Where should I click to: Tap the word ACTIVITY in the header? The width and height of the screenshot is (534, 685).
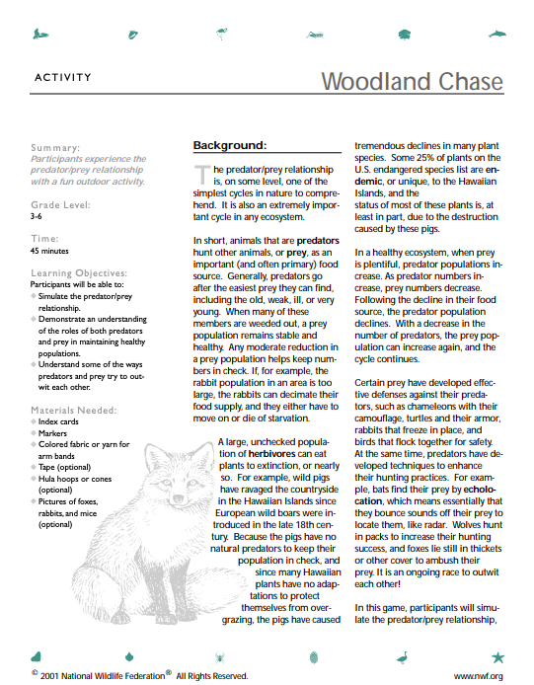click(x=63, y=77)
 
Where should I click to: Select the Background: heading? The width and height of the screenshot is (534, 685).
click(x=229, y=146)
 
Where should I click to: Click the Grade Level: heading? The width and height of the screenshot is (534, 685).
click(x=61, y=204)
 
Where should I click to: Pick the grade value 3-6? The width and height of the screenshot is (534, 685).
click(x=37, y=215)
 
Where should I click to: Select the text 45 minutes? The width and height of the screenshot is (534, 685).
click(x=49, y=250)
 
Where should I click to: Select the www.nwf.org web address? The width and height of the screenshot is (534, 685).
click(x=478, y=676)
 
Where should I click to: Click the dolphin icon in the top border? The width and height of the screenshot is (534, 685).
click(x=496, y=36)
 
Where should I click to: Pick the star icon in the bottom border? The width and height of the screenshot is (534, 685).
click(x=497, y=656)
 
